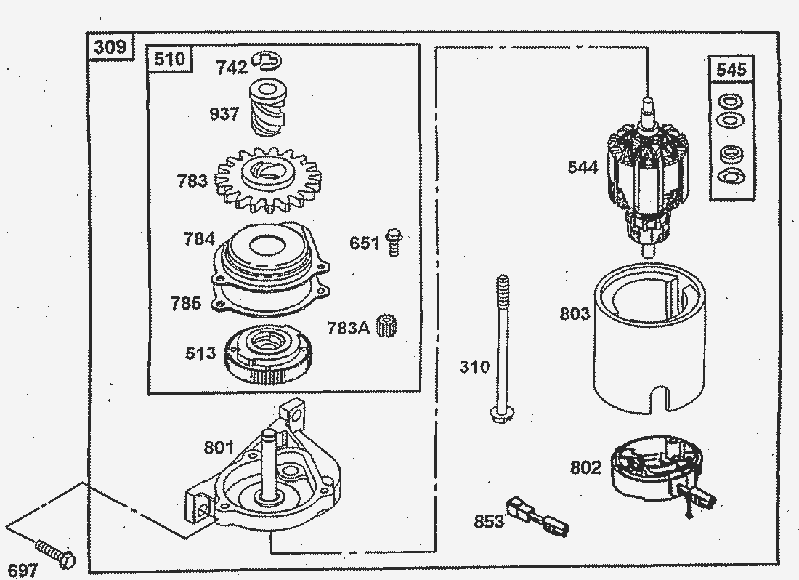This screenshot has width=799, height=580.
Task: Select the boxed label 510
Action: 170,59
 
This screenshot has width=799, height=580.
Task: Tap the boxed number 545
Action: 731,70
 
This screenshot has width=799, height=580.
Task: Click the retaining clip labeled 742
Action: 267,61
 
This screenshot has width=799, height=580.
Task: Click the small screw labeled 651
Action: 394,241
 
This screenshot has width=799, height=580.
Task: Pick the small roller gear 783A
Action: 388,327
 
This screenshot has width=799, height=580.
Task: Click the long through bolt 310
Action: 500,349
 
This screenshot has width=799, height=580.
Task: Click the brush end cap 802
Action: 654,472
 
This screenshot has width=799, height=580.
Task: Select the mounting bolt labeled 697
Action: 54,552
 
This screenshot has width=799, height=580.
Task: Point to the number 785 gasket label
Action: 186,303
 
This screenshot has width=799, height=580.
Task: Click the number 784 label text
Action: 199,238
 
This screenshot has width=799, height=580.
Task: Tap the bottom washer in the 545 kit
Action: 728,176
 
